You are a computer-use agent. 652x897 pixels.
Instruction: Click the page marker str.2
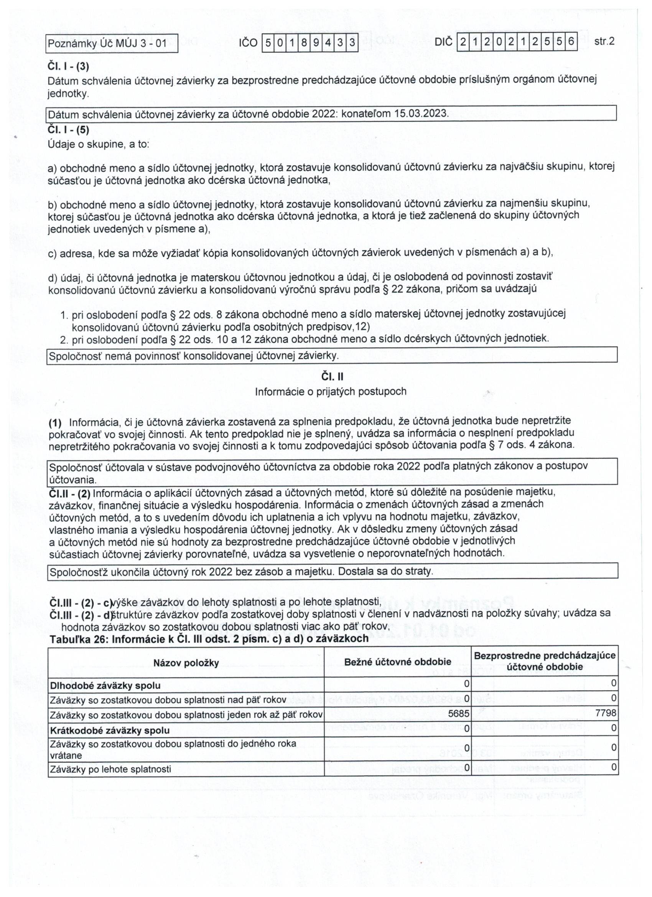click(604, 41)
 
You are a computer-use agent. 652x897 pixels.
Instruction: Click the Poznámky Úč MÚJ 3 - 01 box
click(112, 43)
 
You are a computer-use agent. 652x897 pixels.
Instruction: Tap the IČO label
click(248, 43)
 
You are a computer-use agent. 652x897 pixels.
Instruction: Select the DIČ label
click(443, 42)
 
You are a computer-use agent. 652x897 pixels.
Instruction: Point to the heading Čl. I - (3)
click(68, 66)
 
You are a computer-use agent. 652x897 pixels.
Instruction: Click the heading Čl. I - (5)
click(68, 130)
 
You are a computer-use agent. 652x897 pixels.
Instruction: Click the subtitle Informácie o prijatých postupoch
click(331, 392)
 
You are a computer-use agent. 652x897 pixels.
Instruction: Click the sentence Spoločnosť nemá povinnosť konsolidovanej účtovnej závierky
click(193, 356)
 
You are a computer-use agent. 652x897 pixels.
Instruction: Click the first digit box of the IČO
click(268, 43)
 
